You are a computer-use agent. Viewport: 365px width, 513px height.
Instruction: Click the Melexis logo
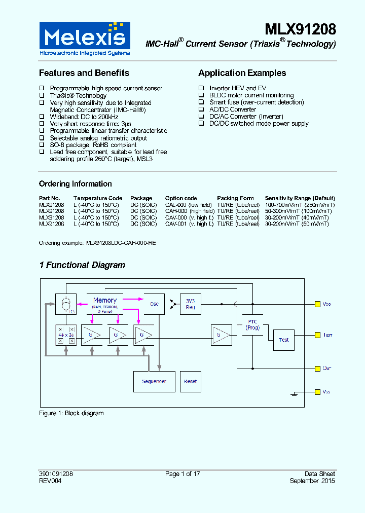tap(85, 39)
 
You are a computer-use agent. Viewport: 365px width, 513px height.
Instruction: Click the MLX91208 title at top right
tap(300, 29)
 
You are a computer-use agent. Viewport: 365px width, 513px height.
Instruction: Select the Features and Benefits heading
tap(84, 73)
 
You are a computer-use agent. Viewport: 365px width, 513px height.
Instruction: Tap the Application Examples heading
tap(242, 73)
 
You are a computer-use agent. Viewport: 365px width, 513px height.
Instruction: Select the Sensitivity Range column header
tap(300, 198)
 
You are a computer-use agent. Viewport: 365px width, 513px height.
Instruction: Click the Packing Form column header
tap(235, 198)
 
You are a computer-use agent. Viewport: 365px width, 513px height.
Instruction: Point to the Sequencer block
tap(154, 382)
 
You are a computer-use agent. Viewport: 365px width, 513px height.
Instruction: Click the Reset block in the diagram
tap(191, 382)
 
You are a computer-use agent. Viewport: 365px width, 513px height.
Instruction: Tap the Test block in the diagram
tap(284, 340)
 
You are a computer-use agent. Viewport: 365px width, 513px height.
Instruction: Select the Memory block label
tap(105, 301)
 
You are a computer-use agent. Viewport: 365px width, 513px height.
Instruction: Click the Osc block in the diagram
tap(154, 304)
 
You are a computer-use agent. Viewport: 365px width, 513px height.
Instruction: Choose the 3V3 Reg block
tap(190, 304)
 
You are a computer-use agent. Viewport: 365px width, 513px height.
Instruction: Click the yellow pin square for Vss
tap(317, 392)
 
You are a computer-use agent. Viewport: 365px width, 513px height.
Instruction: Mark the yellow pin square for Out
tap(317, 368)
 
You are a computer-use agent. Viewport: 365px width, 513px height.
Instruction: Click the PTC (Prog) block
tap(252, 325)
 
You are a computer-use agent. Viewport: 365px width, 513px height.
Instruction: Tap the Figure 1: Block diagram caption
tap(71, 413)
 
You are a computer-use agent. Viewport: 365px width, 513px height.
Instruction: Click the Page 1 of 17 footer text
tap(182, 474)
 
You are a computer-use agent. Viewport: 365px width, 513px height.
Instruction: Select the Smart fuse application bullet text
tap(257, 102)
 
